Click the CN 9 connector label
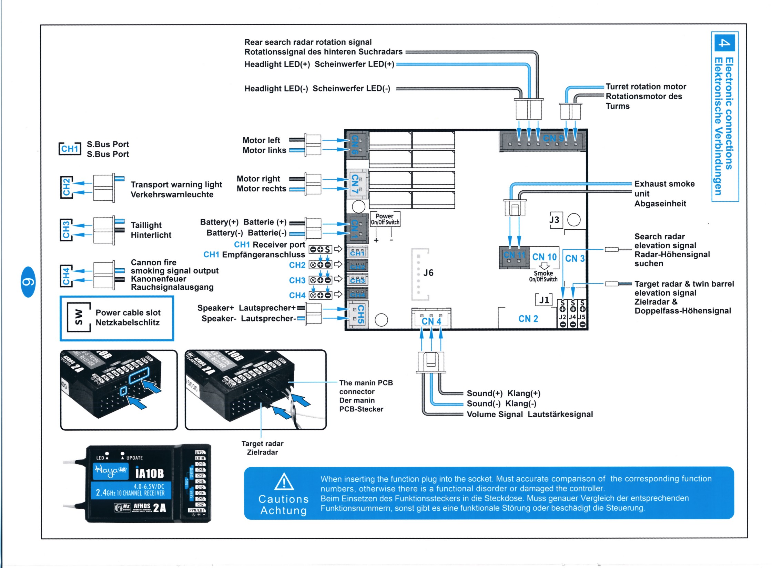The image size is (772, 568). pyautogui.click(x=553, y=138)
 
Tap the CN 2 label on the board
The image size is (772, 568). pyautogui.click(x=528, y=319)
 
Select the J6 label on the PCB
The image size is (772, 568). pyautogui.click(x=428, y=273)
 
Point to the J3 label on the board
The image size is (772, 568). pyautogui.click(x=555, y=220)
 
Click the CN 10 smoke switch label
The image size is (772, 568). pyautogui.click(x=544, y=257)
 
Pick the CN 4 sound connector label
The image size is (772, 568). pyautogui.click(x=431, y=321)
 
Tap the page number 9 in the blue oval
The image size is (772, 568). pyautogui.click(x=28, y=282)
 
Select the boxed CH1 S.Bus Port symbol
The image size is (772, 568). pyautogui.click(x=70, y=149)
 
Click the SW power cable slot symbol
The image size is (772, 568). pyautogui.click(x=79, y=317)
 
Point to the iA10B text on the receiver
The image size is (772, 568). pyautogui.click(x=149, y=473)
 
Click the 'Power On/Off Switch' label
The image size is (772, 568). pyautogui.click(x=385, y=219)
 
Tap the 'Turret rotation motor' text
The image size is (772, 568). pyautogui.click(x=646, y=87)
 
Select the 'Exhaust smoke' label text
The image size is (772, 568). pyautogui.click(x=664, y=184)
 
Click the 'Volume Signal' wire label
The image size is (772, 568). pyautogui.click(x=495, y=414)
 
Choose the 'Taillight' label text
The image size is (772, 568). pyautogui.click(x=146, y=225)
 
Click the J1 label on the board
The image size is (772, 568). pyautogui.click(x=544, y=300)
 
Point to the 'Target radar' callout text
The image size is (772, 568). pyautogui.click(x=262, y=444)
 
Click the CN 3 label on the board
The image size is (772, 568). pyautogui.click(x=575, y=258)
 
